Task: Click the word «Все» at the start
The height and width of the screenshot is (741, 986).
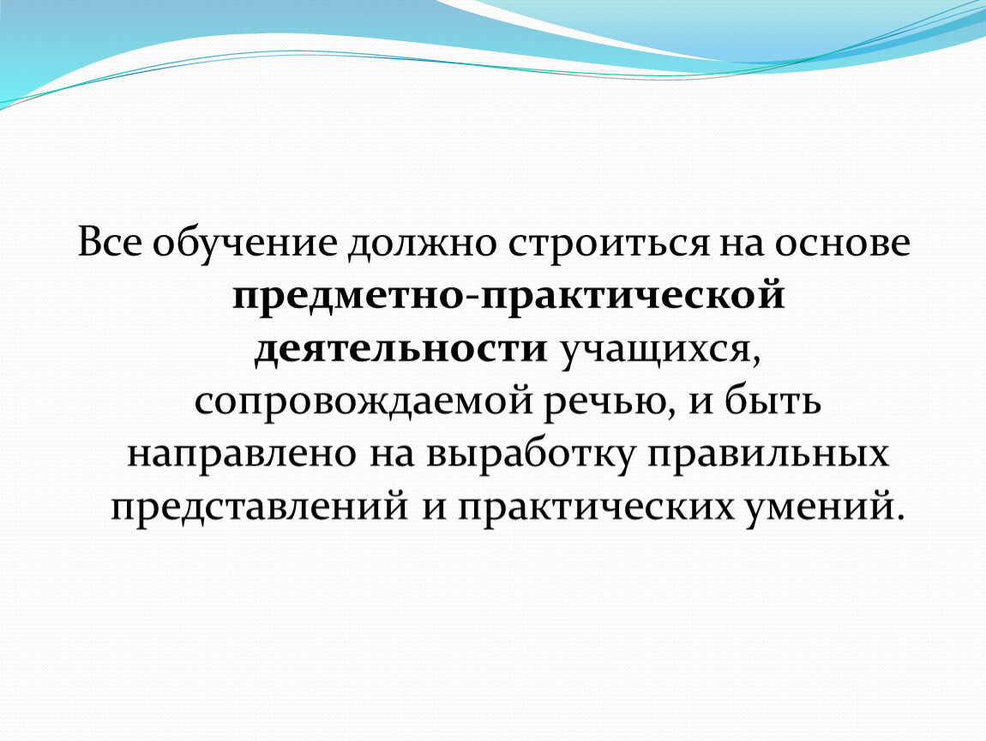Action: [x=110, y=242]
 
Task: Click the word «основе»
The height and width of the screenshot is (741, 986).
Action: [x=842, y=243]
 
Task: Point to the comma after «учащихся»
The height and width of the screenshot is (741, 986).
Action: [x=756, y=361]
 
